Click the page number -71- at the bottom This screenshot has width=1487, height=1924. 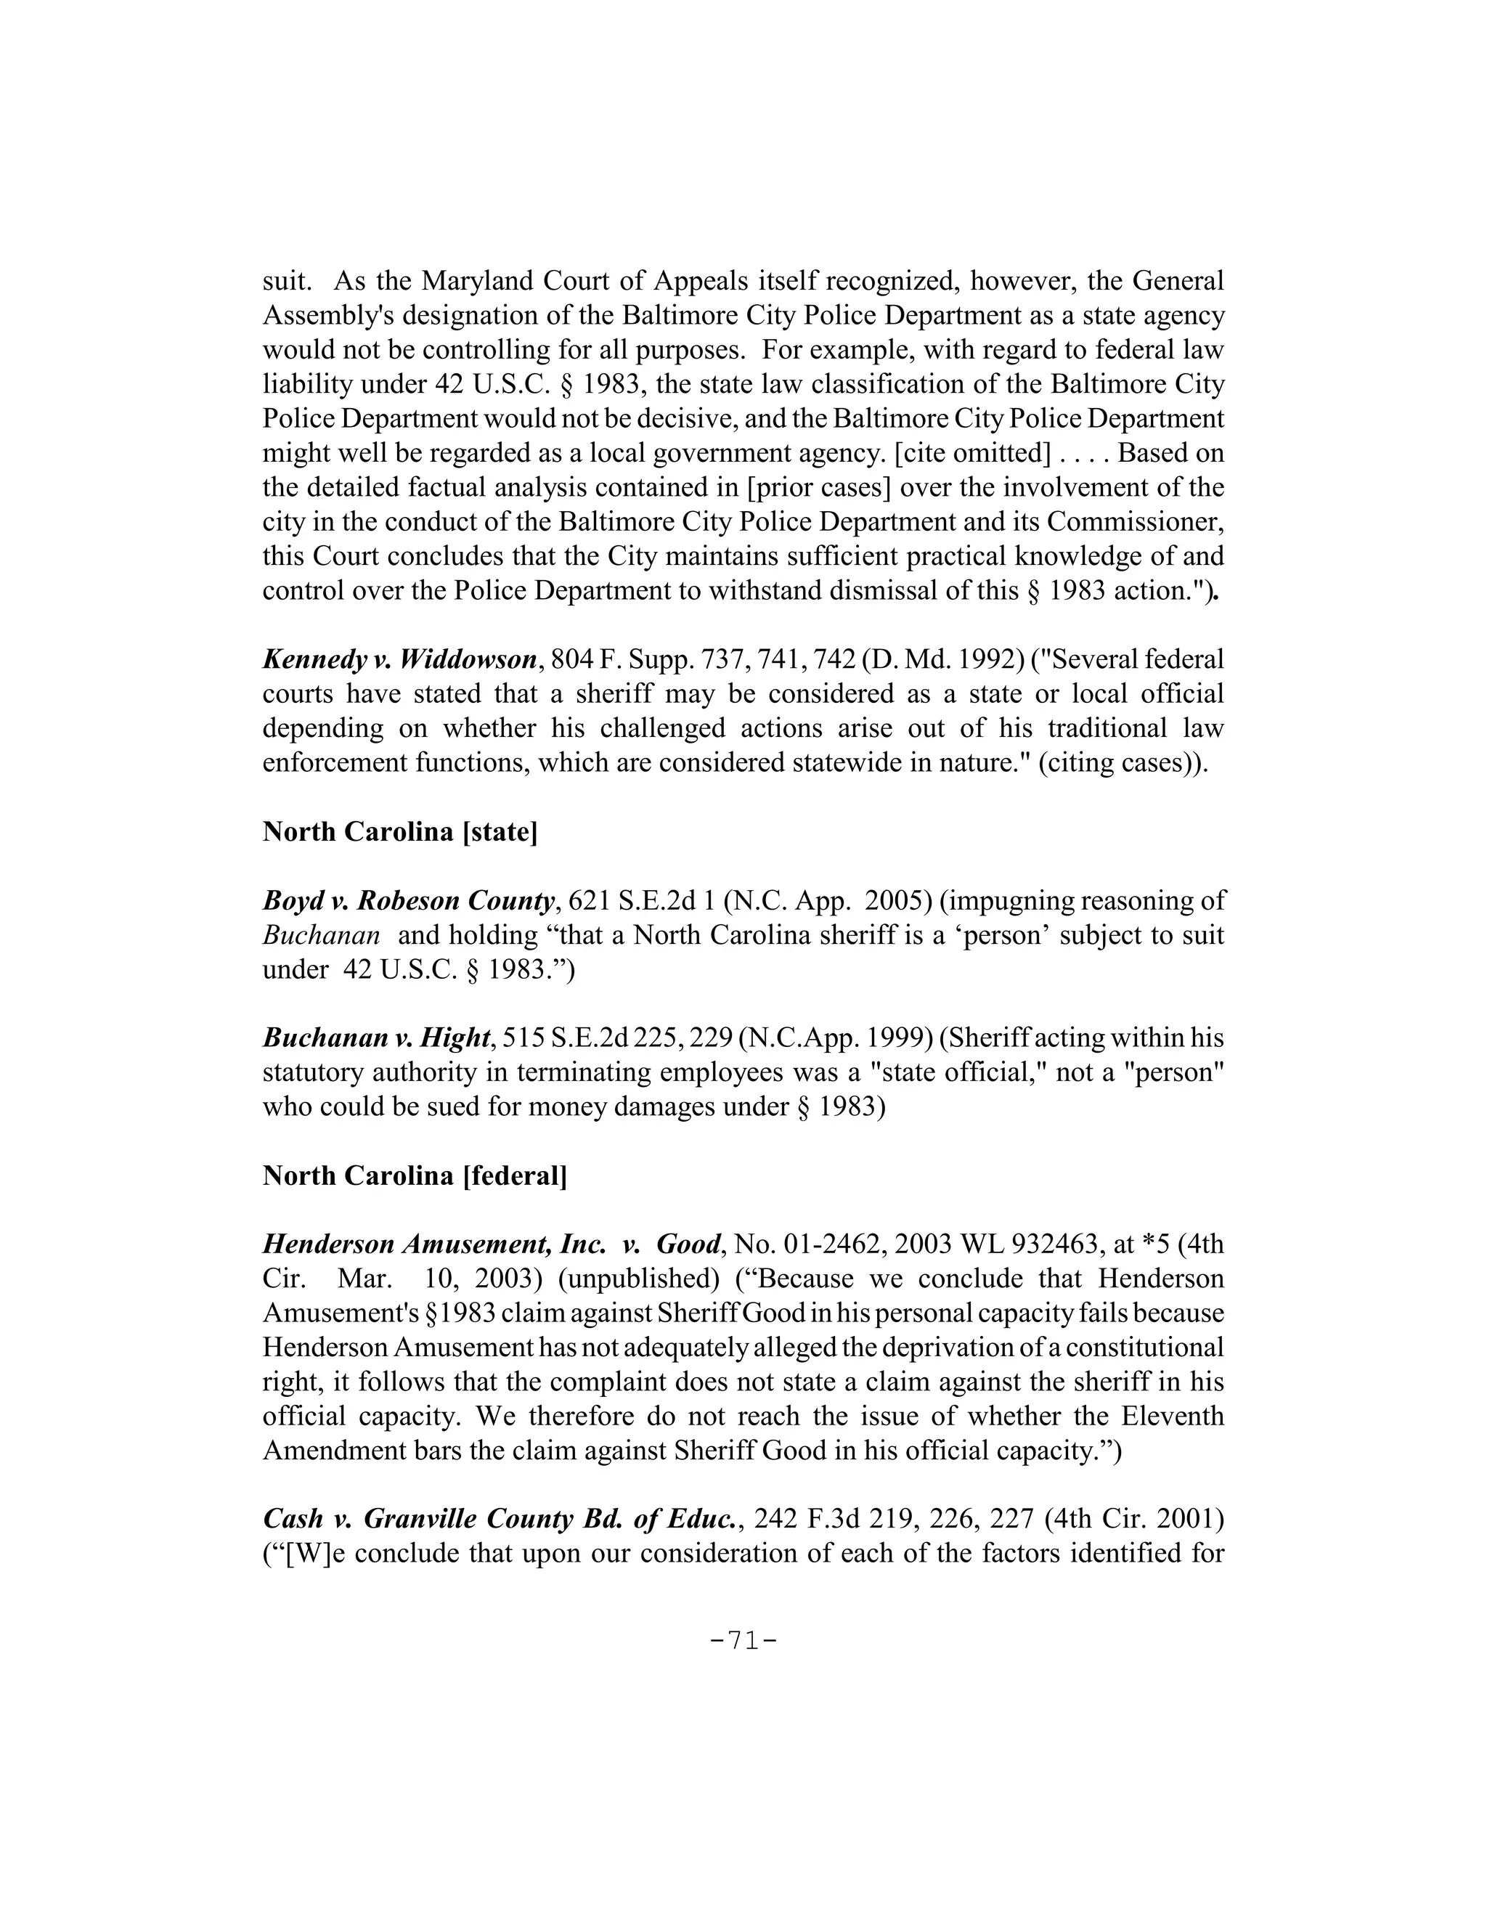pos(743,1640)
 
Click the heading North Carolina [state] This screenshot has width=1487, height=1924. pos(399,831)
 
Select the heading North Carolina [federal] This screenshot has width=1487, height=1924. pos(414,1175)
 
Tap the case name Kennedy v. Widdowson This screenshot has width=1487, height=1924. pos(400,659)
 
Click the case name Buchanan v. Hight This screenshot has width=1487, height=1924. pos(376,1038)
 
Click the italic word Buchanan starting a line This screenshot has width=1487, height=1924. pos(322,934)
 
